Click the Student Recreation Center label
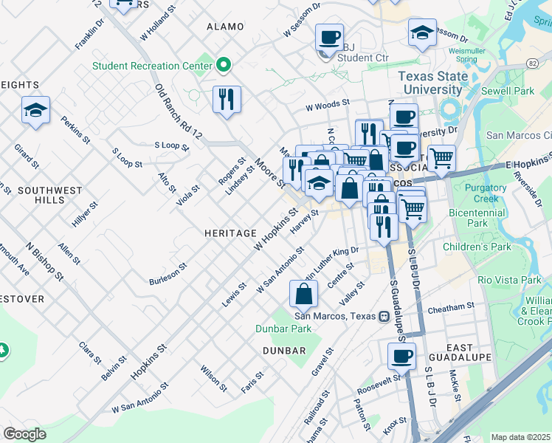tap(152, 66)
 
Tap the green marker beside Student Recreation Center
tap(223, 66)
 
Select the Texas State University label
tap(432, 83)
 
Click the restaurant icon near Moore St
tap(227, 99)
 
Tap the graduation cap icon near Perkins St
tap(35, 110)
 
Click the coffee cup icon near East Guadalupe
tap(401, 356)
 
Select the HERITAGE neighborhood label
tap(230, 233)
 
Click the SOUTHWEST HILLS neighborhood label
tap(50, 195)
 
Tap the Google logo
tap(24, 433)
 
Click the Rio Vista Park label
tap(509, 281)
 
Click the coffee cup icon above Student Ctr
tap(329, 36)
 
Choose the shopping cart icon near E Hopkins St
tap(441, 157)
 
